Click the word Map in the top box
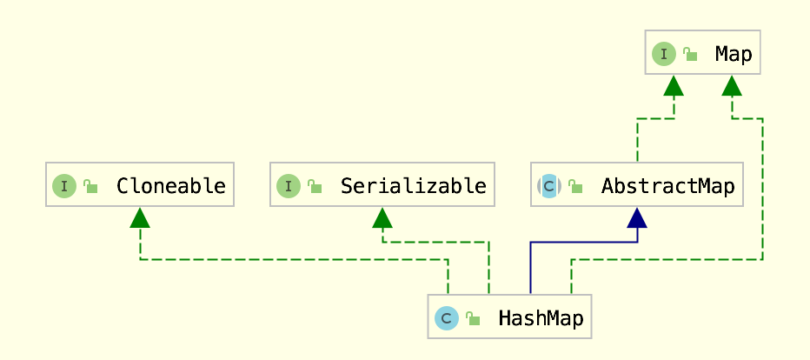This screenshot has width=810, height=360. point(734,54)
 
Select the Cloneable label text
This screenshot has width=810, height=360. point(171,186)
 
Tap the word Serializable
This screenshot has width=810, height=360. point(414,186)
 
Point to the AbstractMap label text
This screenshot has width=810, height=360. point(668,186)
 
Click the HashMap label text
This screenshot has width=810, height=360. point(541,318)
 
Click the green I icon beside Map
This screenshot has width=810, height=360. point(664,54)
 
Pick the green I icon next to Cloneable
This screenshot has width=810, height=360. point(64,186)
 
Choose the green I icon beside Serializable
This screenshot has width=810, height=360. point(289,186)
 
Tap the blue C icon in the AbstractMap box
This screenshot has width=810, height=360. point(548,186)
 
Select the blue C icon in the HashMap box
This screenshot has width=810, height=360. point(447,318)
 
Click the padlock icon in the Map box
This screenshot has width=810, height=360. point(690,54)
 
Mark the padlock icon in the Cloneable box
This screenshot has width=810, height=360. point(90,186)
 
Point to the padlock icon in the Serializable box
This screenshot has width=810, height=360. point(315,186)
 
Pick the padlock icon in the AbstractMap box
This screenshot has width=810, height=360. point(575,186)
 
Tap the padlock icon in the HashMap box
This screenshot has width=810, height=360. point(473,318)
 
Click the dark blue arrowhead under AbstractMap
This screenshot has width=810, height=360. point(637,217)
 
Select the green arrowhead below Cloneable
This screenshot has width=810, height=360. point(139,217)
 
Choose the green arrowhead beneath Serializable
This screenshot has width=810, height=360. point(382,217)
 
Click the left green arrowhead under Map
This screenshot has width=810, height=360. point(674,85)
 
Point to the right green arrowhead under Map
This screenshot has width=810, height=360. point(732,85)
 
